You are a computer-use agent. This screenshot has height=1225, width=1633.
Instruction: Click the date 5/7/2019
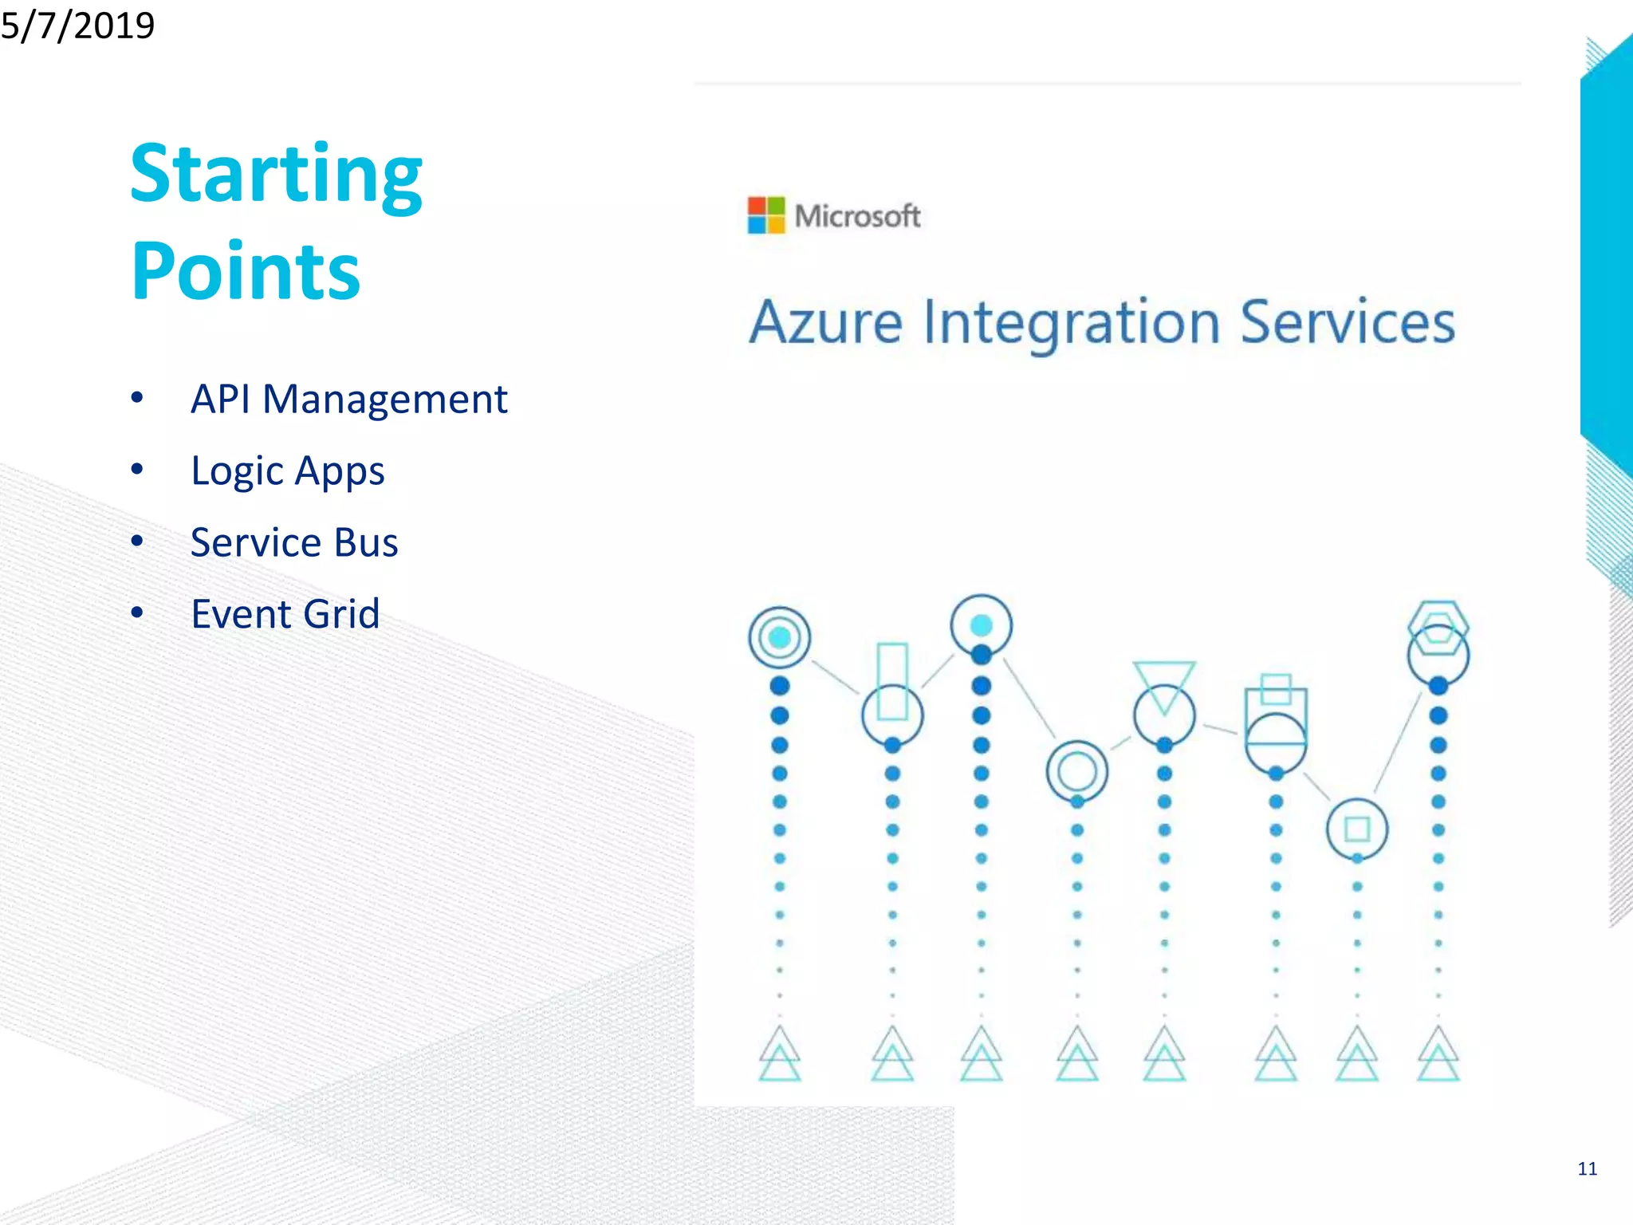pos(77,25)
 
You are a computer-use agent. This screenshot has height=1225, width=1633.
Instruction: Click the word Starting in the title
pos(276,174)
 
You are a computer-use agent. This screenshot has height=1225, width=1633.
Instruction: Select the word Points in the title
pos(246,271)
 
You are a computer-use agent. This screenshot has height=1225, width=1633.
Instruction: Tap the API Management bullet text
pos(348,399)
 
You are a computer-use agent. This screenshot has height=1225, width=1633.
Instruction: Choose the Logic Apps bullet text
pos(288,471)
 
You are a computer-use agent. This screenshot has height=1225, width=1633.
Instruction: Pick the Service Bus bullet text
pos(294,542)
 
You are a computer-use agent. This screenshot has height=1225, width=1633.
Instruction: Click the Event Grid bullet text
pos(285,614)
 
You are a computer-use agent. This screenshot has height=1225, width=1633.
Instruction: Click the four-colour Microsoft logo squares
pos(765,215)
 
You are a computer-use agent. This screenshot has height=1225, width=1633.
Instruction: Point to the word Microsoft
pos(857,216)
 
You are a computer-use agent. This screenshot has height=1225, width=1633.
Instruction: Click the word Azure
pos(825,323)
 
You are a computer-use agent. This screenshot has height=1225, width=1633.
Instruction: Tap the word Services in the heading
pos(1348,321)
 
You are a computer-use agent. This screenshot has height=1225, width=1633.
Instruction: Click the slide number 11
pos(1587,1169)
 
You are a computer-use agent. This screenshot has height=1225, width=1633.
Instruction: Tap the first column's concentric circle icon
pos(779,637)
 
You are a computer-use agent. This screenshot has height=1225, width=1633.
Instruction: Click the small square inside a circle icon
pos(1357,829)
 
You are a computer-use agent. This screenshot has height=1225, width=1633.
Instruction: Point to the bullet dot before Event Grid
pos(137,613)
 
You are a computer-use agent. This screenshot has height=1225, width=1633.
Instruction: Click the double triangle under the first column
pos(779,1054)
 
